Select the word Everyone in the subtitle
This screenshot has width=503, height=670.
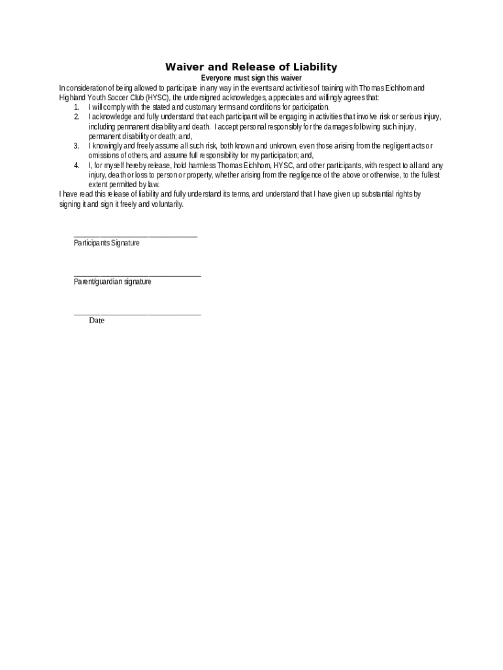(x=218, y=78)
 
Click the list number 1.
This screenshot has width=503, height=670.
(x=76, y=107)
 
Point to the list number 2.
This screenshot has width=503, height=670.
(x=76, y=117)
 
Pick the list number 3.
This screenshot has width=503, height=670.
(x=76, y=146)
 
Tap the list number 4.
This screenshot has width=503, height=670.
(x=76, y=166)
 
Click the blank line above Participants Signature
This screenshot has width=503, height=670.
(x=135, y=236)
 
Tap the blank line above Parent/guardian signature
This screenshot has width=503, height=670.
(x=137, y=275)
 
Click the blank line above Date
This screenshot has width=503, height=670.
(x=137, y=315)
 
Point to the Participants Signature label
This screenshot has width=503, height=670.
(x=106, y=243)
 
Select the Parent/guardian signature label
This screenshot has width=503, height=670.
(x=112, y=281)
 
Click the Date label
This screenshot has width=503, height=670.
(x=97, y=321)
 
